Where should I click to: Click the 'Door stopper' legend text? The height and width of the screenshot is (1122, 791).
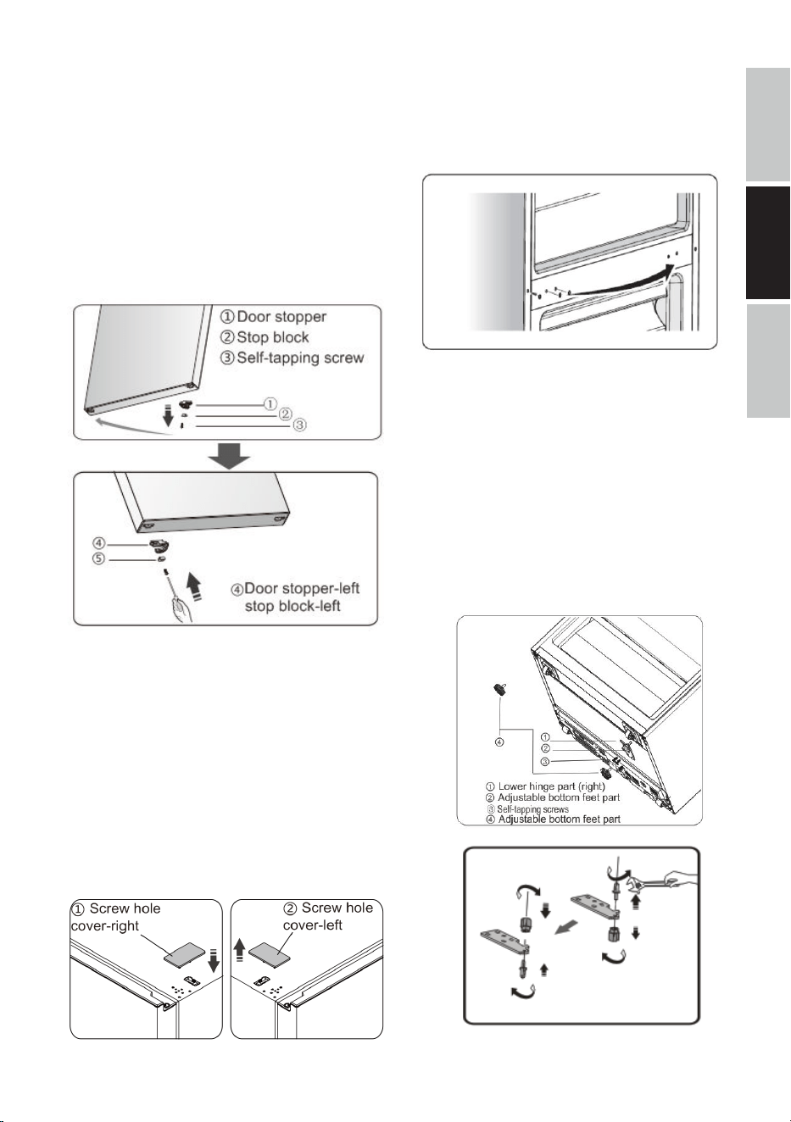281,317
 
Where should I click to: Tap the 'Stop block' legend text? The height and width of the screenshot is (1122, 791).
273,337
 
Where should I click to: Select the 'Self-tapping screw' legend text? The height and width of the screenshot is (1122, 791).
300,358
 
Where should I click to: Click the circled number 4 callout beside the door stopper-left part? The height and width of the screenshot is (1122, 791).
98,543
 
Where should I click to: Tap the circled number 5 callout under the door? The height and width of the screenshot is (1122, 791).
98,559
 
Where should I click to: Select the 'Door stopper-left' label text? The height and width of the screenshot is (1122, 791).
302,588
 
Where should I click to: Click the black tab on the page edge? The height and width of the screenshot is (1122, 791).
767,243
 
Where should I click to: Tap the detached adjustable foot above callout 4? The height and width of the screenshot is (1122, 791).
500,690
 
